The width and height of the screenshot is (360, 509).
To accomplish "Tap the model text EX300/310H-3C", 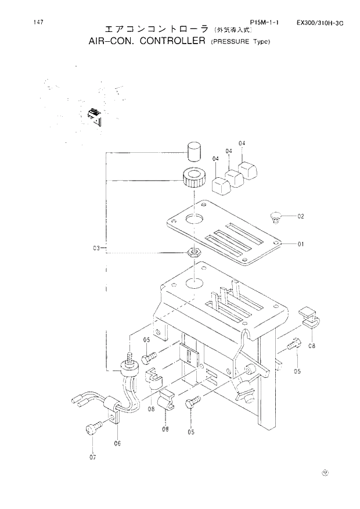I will click(320, 23).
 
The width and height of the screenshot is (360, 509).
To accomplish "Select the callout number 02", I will click(301, 216).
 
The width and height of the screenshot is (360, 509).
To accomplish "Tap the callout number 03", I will click(97, 248).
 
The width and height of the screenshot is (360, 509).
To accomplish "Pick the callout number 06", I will click(117, 443).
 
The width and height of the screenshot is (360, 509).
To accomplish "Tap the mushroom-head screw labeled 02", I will click(276, 217).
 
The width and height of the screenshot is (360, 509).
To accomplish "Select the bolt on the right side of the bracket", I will click(292, 345).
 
